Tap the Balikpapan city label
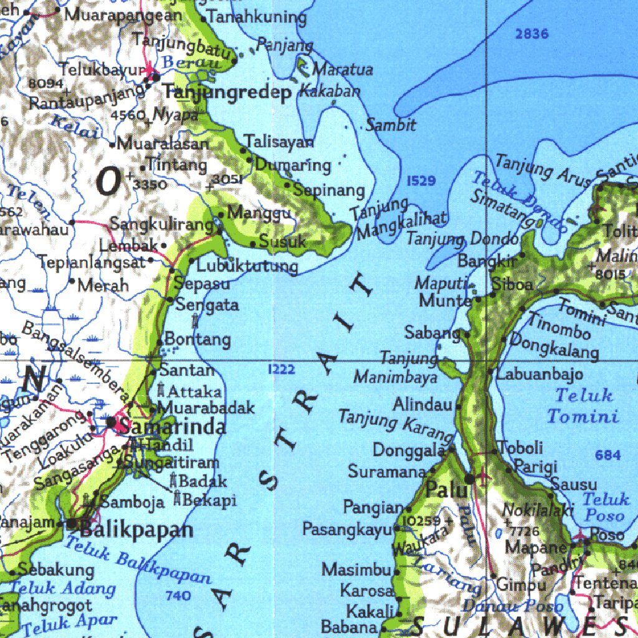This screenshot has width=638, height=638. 137,530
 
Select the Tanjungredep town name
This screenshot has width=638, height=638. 227,93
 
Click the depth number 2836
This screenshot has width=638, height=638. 532,34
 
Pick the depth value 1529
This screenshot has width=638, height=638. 421,181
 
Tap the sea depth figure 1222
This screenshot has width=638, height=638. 281,369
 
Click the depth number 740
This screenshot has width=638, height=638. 178,596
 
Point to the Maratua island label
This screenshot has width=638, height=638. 343,69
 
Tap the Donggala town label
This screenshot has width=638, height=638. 409,449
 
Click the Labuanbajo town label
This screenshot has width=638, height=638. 540,374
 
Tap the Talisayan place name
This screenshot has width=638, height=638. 279,141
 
